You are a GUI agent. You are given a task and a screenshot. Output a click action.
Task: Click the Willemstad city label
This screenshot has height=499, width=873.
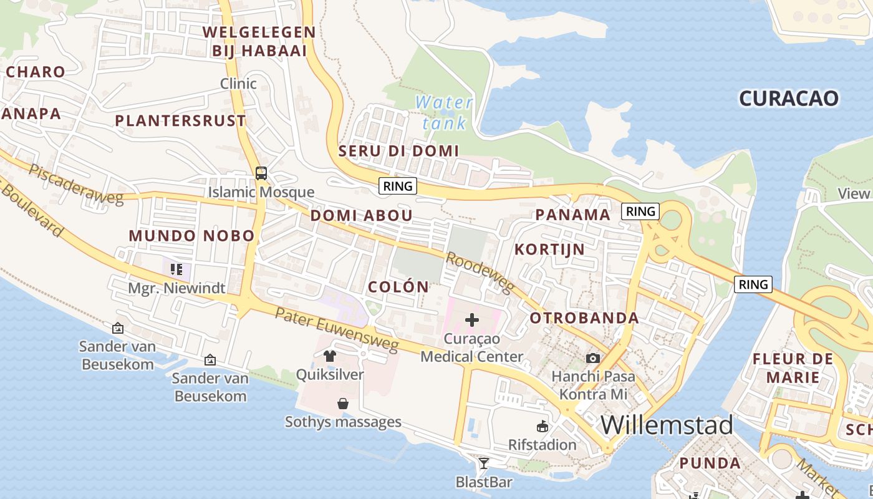point(667,425)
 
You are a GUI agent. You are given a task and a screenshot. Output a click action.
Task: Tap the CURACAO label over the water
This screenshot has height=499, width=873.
point(789,98)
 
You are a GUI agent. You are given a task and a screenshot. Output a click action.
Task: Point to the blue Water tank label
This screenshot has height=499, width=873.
point(444,112)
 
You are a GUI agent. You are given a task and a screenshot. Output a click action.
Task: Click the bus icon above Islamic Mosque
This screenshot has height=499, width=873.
point(261,173)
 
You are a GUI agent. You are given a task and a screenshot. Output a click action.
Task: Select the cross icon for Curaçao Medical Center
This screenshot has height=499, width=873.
point(472,320)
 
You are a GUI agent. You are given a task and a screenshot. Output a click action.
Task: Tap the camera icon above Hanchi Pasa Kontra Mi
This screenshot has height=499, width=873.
point(593,358)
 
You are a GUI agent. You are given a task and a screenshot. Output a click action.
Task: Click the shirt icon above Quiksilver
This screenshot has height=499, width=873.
point(330,356)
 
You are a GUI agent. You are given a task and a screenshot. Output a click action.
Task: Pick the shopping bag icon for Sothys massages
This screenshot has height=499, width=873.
point(342,404)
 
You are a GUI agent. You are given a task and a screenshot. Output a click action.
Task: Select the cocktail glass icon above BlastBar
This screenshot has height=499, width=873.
point(483,463)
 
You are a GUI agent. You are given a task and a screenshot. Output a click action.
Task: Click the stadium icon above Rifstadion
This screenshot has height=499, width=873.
point(542,427)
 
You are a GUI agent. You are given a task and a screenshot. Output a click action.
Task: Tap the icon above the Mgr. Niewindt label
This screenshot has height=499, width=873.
point(176,269)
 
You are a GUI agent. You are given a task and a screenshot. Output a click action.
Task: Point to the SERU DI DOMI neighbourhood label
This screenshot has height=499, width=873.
point(398,150)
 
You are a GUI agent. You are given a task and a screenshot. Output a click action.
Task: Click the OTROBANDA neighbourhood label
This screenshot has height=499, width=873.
point(584,317)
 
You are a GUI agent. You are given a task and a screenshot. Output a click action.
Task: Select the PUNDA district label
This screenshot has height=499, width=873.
point(710,463)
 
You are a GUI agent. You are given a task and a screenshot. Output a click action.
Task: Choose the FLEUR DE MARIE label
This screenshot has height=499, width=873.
point(793,368)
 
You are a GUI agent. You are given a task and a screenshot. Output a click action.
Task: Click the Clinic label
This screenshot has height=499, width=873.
point(238,84)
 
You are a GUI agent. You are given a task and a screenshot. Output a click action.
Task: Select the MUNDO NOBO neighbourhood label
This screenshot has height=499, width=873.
point(191,235)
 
